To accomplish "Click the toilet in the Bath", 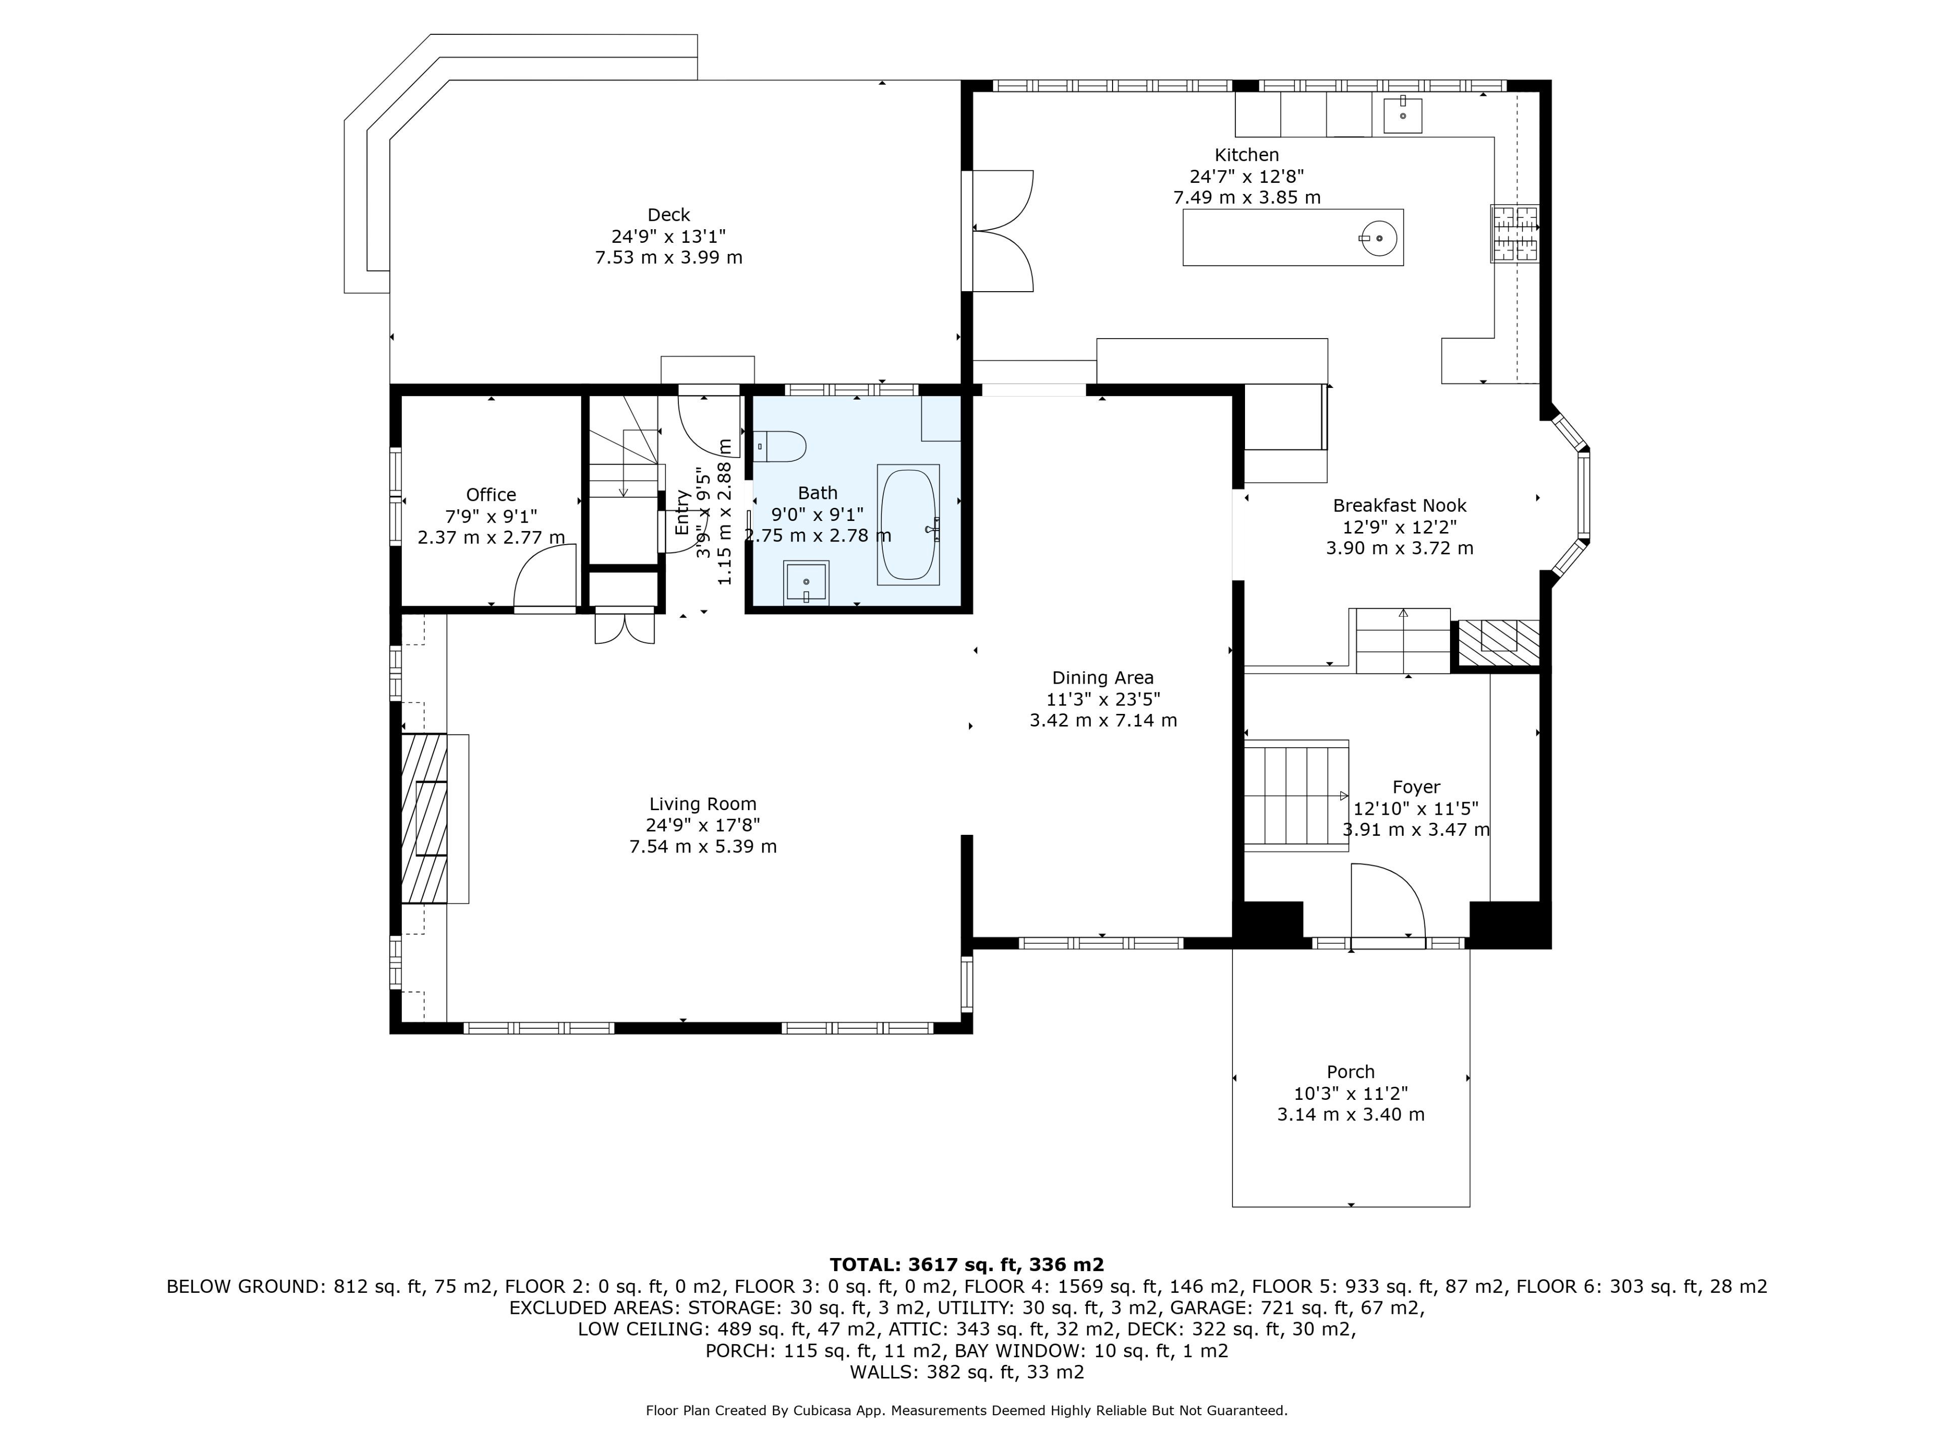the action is [x=780, y=446].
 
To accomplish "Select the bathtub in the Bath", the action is [x=909, y=525].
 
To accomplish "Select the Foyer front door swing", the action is [x=1389, y=901].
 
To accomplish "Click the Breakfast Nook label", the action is [x=1400, y=505].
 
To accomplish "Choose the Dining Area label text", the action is [x=1102, y=678].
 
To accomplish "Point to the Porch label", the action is [x=1351, y=1072].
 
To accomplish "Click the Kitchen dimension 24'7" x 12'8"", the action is [x=1247, y=176].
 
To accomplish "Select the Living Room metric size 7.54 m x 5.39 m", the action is [x=703, y=846].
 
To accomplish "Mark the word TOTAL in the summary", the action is [x=866, y=1265].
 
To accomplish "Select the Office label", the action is [x=492, y=495].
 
